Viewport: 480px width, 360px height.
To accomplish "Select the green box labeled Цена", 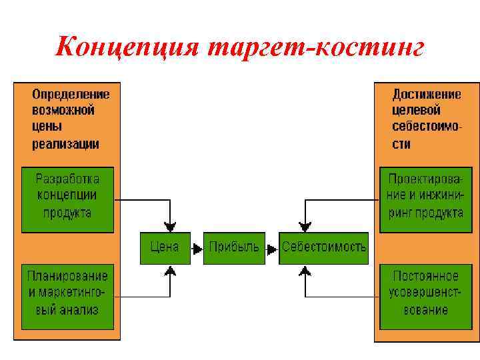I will tap(165, 247).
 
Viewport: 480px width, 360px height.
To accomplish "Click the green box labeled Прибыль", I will tap(234, 247).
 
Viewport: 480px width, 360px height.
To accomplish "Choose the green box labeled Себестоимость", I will tap(323, 247).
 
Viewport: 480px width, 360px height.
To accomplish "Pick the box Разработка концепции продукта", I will tap(67, 196).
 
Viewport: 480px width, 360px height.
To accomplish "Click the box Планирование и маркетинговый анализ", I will tap(67, 293).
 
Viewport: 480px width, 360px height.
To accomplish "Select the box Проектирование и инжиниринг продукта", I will tap(426, 196).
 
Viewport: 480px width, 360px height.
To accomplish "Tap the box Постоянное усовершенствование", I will tap(426, 293).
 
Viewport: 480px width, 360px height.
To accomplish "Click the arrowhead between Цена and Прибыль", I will tap(197, 248).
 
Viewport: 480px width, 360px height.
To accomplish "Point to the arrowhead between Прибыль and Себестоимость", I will tap(272, 248).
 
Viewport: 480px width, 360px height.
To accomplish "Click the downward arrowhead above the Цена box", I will tap(171, 225).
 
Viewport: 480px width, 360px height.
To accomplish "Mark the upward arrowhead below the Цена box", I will tap(171, 270).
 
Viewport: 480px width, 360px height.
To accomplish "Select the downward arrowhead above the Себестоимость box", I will tap(305, 225).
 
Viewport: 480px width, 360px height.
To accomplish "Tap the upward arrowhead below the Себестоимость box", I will tap(305, 270).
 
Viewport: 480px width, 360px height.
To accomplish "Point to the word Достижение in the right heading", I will tap(425, 94).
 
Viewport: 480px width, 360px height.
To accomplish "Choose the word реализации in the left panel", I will tap(65, 143).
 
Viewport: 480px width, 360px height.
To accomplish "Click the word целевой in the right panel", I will tap(416, 110).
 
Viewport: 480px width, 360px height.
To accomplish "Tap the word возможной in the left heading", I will tap(63, 110).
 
